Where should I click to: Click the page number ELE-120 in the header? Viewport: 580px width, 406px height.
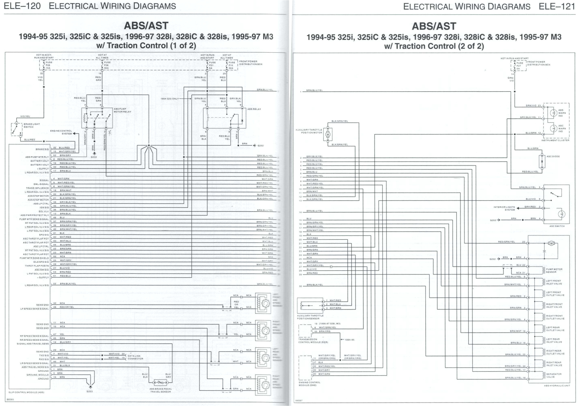22,6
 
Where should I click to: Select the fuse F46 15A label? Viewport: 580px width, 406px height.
48,65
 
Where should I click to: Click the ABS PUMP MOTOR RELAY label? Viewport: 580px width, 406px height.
122,110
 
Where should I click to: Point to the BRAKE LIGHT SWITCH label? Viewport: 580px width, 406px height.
32,125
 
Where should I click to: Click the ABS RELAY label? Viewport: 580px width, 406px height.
254,109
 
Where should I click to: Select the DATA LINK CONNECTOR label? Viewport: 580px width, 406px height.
135,357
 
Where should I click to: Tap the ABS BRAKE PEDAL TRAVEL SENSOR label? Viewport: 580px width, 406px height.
161,390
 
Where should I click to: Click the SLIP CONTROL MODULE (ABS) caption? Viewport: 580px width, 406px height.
26,392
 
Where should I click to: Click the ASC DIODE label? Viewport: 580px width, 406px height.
553,157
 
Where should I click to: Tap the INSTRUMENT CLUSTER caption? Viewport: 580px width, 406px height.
555,140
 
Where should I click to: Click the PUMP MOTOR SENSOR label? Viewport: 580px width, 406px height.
554,271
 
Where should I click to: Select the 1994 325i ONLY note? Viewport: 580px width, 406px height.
169,99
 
